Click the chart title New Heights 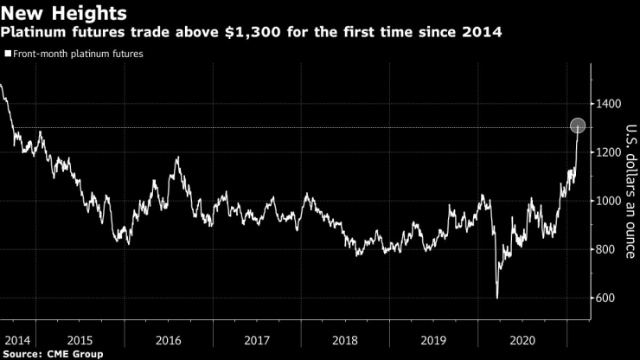(65, 14)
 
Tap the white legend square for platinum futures (7, 54)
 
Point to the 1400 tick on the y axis (608, 104)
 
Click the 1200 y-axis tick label (608, 152)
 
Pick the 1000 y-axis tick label (608, 201)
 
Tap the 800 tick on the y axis (605, 250)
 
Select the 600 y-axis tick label (605, 299)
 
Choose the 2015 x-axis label (80, 338)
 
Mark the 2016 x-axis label (169, 338)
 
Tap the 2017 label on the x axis (257, 338)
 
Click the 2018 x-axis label (345, 338)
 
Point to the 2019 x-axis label (433, 338)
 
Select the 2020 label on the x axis (522, 338)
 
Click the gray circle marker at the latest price (579, 125)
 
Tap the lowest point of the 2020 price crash (497, 298)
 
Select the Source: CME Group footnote (53, 354)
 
